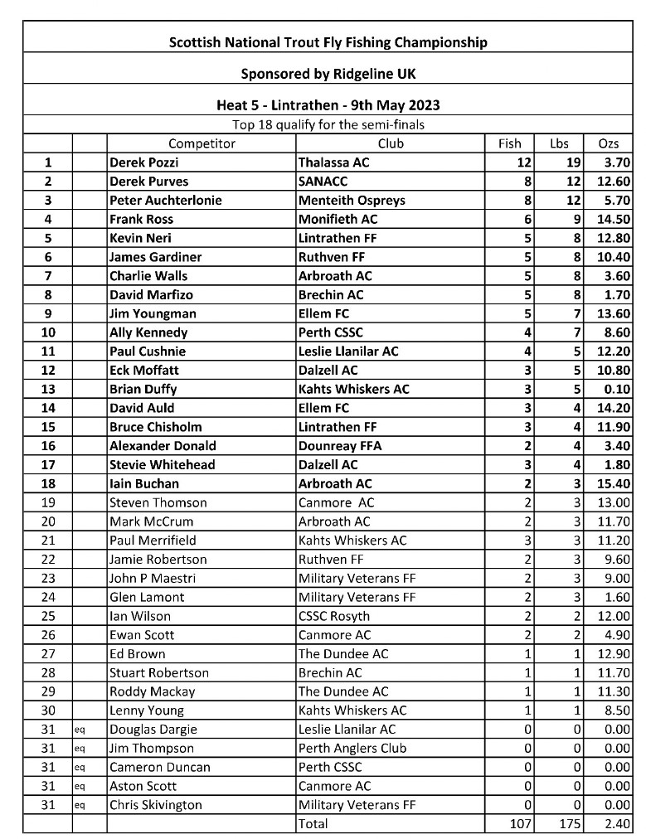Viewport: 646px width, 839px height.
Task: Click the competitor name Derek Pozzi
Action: coord(143,162)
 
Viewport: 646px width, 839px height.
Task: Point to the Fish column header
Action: coord(509,143)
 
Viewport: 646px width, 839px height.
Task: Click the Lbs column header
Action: coord(560,143)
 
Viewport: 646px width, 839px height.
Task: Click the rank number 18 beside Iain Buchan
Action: coord(47,483)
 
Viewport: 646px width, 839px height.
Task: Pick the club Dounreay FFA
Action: coord(340,445)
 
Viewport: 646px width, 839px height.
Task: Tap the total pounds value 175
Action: coord(568,824)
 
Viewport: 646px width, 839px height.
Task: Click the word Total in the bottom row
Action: coord(313,824)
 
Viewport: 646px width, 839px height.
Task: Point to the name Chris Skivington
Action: coord(156,805)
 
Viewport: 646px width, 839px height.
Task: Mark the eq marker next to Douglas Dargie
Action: coord(80,730)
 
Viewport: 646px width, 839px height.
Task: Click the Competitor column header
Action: coord(202,143)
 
